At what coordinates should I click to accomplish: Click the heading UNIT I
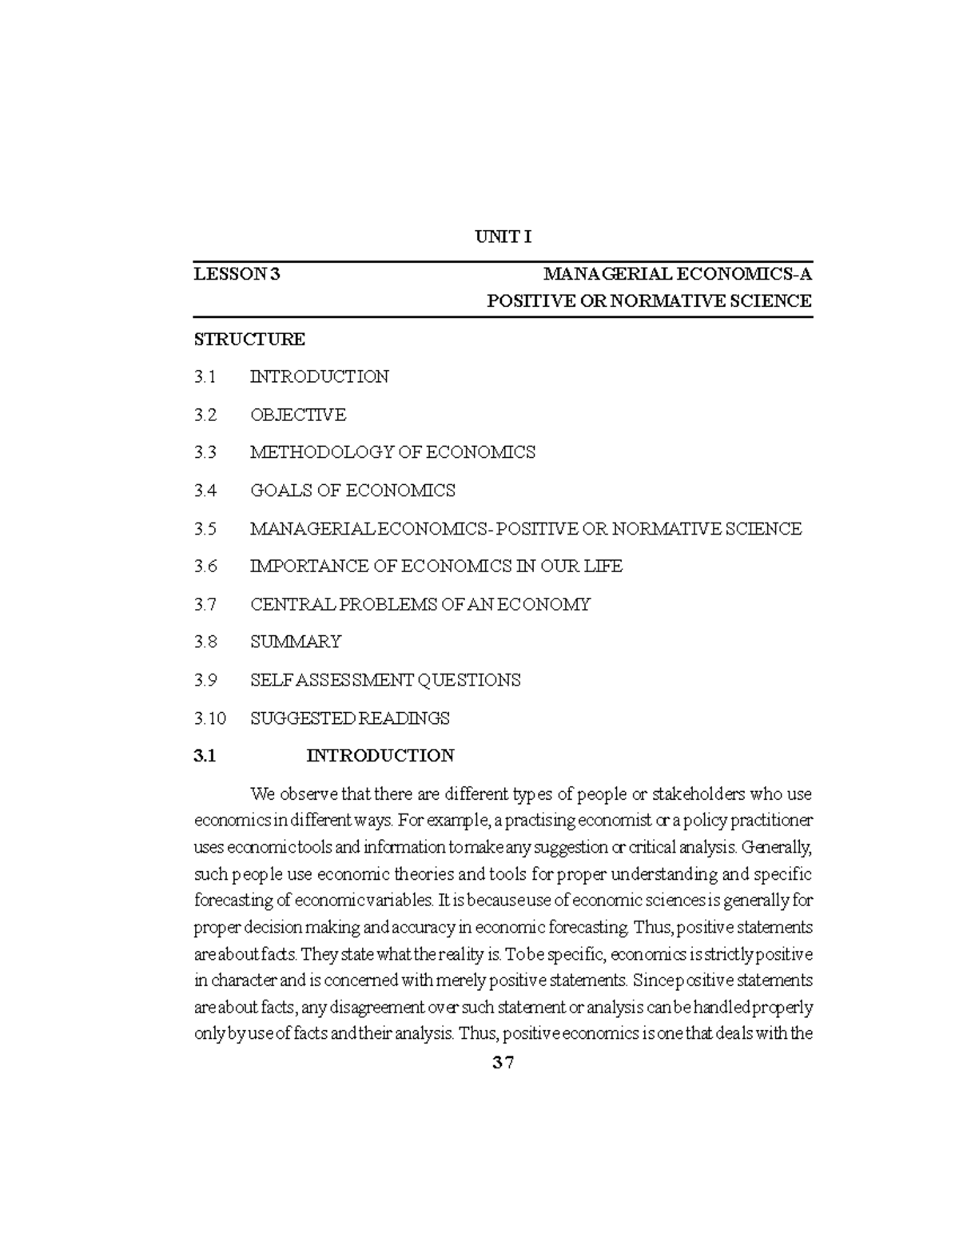(x=503, y=237)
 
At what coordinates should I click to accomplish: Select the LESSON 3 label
(x=237, y=275)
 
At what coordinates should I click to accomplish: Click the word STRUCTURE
(x=249, y=339)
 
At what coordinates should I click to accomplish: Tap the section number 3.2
(x=205, y=415)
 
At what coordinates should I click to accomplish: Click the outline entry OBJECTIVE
(x=298, y=415)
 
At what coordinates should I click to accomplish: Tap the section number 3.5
(x=205, y=529)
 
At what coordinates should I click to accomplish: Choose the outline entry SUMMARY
(x=296, y=642)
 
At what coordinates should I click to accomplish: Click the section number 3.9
(x=205, y=680)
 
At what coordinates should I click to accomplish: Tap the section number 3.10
(x=210, y=718)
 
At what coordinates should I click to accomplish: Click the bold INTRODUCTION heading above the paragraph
(x=380, y=756)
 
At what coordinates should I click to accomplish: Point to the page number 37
(x=503, y=1064)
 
